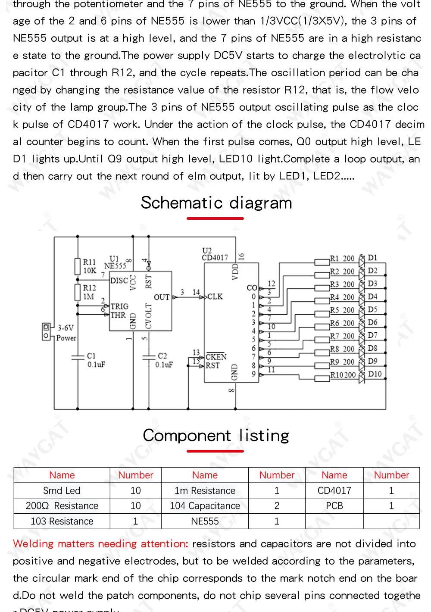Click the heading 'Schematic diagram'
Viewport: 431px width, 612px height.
[x=216, y=203]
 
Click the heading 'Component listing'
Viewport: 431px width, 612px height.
[x=216, y=435]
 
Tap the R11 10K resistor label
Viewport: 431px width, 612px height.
[x=90, y=266]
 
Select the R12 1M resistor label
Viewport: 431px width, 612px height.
[x=89, y=292]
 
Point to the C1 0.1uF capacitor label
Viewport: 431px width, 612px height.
[x=96, y=360]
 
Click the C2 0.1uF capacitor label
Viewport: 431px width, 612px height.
[x=164, y=360]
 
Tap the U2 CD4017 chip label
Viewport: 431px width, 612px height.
[x=214, y=254]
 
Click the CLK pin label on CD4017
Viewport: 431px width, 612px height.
[x=215, y=297]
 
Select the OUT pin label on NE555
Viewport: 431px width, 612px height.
[x=162, y=297]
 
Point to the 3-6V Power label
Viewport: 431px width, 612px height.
[x=66, y=333]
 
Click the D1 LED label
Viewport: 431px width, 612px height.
[x=372, y=258]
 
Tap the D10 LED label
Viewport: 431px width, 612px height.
[x=375, y=374]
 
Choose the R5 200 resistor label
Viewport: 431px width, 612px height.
[x=342, y=310]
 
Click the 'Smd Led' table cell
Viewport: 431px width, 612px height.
[x=62, y=490]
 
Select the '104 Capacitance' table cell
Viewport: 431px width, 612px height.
[x=205, y=506]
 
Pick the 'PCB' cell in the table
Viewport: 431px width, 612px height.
[x=334, y=506]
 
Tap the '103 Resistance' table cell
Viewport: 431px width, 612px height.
[x=62, y=521]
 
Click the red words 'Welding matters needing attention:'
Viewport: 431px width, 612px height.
[x=100, y=544]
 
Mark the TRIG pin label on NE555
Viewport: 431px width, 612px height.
[x=119, y=306]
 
